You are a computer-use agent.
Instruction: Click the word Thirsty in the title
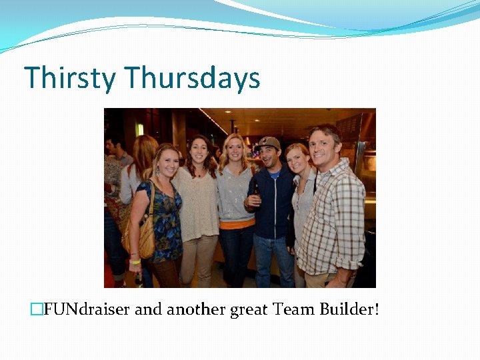pos(70,78)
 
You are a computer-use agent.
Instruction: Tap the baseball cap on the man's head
pos(269,142)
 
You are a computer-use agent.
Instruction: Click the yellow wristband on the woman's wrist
pos(135,261)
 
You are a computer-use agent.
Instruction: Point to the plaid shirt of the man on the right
pos(337,213)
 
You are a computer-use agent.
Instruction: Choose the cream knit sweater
pos(197,207)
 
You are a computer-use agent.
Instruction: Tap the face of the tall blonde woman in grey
pos(235,150)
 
